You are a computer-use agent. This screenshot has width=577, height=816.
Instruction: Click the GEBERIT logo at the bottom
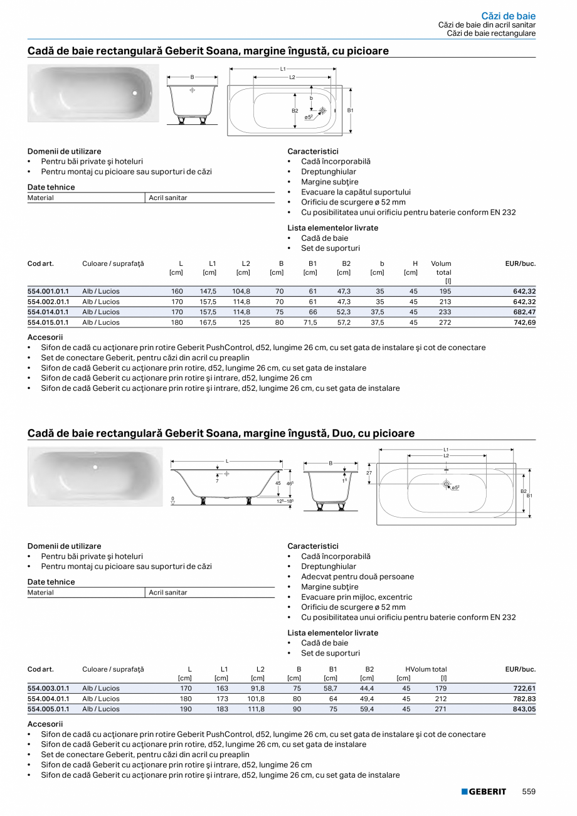tap(484, 792)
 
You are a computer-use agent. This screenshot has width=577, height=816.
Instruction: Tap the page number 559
tap(529, 792)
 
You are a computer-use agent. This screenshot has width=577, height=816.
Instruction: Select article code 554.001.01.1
tap(48, 291)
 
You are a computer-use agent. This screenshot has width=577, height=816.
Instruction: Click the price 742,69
tap(523, 322)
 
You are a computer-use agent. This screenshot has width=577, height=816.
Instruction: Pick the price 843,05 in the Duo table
tap(523, 709)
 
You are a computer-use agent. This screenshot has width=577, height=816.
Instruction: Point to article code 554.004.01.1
tap(48, 699)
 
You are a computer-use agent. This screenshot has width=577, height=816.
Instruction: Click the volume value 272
tap(445, 322)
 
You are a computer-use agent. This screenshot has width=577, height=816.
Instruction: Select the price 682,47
tap(523, 312)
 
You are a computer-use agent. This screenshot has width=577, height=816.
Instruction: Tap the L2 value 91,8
tap(257, 688)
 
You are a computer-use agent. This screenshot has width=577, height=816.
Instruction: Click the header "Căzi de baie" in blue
tap(508, 16)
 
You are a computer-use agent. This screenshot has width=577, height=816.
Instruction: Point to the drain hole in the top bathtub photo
tap(134, 93)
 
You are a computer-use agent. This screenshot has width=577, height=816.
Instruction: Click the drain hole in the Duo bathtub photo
tap(95, 467)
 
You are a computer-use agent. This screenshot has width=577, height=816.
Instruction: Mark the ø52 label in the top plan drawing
tap(309, 117)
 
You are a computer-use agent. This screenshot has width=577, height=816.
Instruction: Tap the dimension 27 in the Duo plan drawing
tap(370, 474)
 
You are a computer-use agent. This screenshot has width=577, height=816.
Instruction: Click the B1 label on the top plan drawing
tap(351, 110)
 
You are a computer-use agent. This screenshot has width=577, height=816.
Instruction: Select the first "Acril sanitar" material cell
tap(168, 198)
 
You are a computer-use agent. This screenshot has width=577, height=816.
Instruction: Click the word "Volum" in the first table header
tap(441, 263)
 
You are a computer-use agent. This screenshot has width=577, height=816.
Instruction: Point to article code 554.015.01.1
tap(48, 322)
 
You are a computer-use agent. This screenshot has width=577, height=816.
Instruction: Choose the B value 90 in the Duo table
tap(297, 709)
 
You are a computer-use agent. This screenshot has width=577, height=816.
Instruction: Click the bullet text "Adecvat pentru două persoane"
tap(357, 576)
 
